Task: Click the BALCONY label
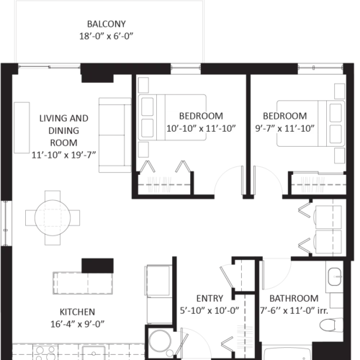[107, 24]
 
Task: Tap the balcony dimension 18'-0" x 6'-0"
[107, 36]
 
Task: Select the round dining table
[53, 217]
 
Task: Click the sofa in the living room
[115, 135]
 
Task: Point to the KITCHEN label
[77, 312]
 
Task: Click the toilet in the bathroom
[332, 325]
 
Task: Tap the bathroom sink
[335, 276]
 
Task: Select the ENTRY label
[210, 299]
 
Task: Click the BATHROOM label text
[294, 299]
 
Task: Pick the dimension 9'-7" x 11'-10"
[284, 128]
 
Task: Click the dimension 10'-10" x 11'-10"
[201, 128]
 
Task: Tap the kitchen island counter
[83, 283]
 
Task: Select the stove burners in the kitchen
[45, 353]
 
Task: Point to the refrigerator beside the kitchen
[158, 294]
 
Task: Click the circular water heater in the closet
[160, 341]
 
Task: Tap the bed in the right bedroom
[310, 123]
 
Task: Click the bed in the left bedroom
[172, 117]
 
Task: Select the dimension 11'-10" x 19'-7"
[64, 155]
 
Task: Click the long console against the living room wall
[22, 127]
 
